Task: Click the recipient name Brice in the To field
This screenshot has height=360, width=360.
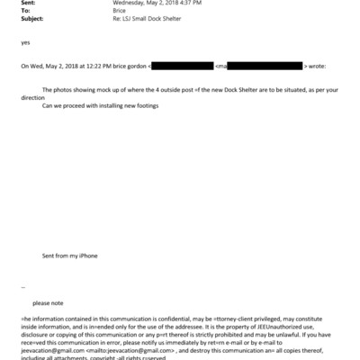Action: pos(118,12)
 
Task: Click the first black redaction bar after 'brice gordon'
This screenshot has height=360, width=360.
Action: pos(181,67)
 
